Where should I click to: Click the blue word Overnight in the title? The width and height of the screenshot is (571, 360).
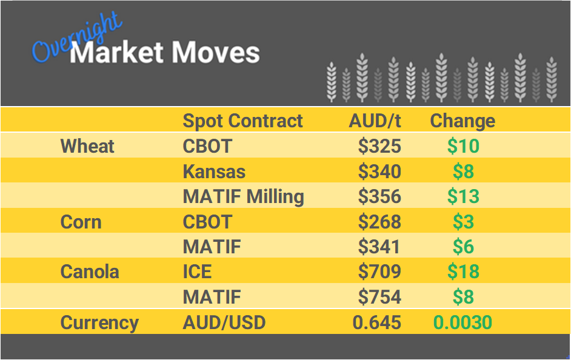[x=76, y=38]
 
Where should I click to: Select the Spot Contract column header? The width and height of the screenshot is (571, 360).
[x=242, y=121]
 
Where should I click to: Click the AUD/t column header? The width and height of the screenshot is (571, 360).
[x=375, y=121]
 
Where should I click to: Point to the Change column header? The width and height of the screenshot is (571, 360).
[x=462, y=121]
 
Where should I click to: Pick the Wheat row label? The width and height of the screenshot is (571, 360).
[x=87, y=146]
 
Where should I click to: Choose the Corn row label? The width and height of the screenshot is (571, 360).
[x=81, y=222]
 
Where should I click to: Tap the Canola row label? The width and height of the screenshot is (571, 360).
[x=90, y=272]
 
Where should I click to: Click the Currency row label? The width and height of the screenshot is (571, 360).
[x=99, y=322]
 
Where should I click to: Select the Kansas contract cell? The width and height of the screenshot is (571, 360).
[x=214, y=172]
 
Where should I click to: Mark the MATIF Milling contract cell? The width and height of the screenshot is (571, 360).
[x=243, y=197]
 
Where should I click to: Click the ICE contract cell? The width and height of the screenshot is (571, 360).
[x=197, y=272]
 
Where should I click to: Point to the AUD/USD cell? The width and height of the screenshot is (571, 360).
[x=224, y=322]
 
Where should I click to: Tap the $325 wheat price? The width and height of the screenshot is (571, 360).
[x=379, y=146]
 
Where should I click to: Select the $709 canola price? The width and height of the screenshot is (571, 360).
[x=379, y=272]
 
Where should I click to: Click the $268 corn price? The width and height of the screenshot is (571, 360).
[x=379, y=222]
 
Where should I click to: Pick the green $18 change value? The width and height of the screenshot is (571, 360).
[x=463, y=272]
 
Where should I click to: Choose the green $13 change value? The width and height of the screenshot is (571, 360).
[x=463, y=197]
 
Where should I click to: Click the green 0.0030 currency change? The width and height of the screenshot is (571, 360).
[x=462, y=322]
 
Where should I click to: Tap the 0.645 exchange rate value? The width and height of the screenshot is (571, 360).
[x=377, y=322]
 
